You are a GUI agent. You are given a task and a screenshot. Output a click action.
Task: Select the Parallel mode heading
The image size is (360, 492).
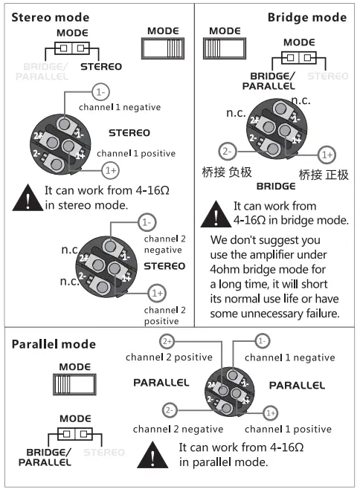54,344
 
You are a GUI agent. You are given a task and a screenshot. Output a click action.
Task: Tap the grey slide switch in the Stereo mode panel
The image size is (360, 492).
163,48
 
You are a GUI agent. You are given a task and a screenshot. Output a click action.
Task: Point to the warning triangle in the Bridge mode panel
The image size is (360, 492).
216,214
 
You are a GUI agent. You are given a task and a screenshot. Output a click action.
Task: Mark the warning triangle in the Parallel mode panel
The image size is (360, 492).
154,454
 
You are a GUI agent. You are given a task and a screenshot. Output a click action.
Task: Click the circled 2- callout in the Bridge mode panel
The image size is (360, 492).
228,150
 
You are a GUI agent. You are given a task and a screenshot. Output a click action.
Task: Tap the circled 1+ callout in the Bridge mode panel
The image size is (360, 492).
326,155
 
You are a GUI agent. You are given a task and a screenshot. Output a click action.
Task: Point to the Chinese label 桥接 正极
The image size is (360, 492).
324,175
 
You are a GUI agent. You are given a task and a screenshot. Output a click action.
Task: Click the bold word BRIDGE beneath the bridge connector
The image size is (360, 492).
276,185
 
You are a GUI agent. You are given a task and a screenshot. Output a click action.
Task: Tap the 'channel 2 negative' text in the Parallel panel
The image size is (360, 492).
178,429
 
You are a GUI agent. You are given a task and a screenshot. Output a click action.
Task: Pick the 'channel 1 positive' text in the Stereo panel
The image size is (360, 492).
136,153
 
